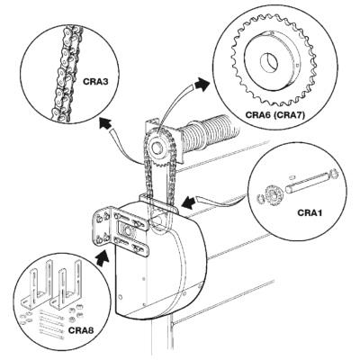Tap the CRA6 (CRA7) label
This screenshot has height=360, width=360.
coord(275,114)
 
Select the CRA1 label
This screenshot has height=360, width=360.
coord(310,212)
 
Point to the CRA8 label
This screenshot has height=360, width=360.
coord(81,330)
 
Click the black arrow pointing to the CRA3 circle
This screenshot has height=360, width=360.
coord(105,123)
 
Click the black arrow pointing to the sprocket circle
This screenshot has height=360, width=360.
coord(202,85)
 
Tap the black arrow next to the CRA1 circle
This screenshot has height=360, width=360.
coord(188,202)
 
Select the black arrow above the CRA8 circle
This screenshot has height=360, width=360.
coord(103,256)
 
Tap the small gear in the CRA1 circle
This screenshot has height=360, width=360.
coord(274,195)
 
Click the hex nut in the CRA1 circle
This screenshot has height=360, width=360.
coord(260,198)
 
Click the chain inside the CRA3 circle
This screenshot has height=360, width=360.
coord(67,73)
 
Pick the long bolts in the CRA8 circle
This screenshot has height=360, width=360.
coord(51,326)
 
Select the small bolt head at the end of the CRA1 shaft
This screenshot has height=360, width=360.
coord(333,174)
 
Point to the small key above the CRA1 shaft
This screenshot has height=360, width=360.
coord(293,177)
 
